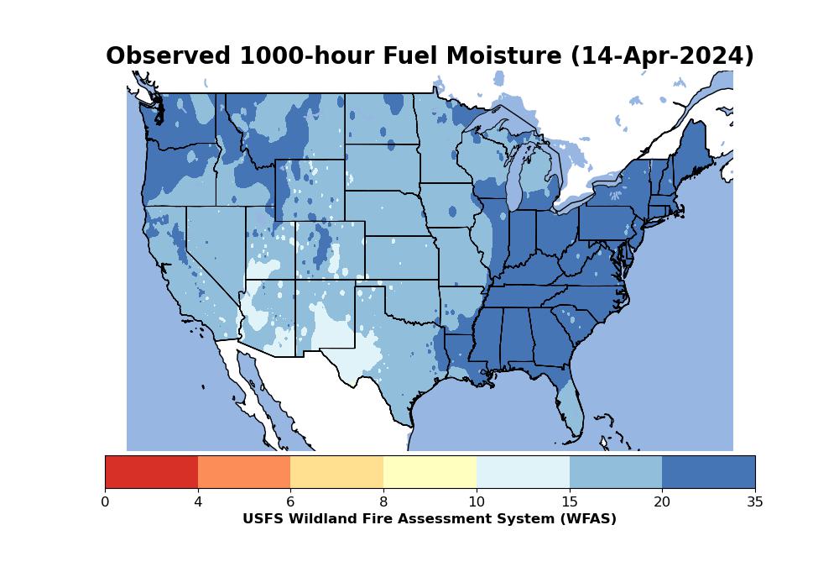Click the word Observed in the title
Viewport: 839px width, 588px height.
(x=168, y=55)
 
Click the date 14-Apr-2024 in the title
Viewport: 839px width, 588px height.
(x=663, y=56)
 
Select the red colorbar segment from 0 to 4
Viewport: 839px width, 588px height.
(x=151, y=472)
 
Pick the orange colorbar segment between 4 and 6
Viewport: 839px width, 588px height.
(x=244, y=472)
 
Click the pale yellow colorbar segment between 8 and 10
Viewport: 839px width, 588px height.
(x=430, y=472)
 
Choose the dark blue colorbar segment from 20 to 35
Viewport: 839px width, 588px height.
(x=708, y=472)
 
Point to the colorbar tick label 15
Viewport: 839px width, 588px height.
(x=570, y=501)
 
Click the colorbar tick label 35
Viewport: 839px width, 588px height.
(x=755, y=501)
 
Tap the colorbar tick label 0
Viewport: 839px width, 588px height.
(x=106, y=501)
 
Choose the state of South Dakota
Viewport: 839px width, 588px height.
(x=382, y=166)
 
